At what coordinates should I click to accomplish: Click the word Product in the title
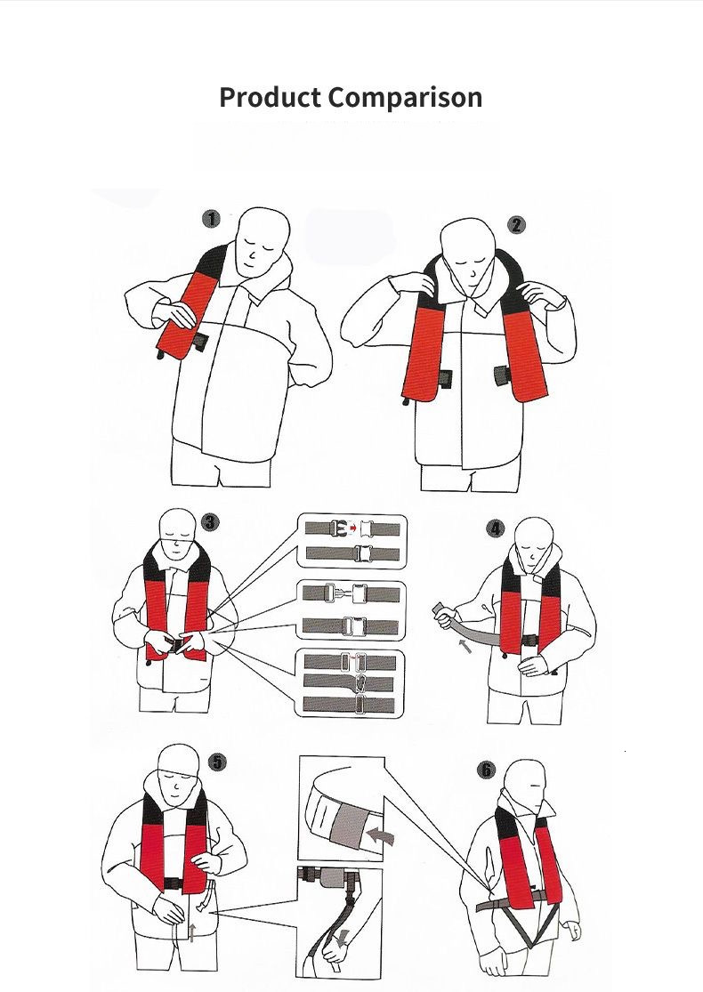click(x=271, y=98)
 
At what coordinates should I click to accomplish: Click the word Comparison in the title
click(x=405, y=98)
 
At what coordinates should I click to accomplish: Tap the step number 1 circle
click(x=211, y=219)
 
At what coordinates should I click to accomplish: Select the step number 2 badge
click(x=516, y=224)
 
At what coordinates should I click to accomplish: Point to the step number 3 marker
click(x=210, y=522)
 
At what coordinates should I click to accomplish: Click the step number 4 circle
click(x=496, y=528)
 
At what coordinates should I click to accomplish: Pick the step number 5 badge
click(x=218, y=762)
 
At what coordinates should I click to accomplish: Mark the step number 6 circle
click(x=486, y=770)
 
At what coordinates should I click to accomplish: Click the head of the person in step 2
click(x=468, y=250)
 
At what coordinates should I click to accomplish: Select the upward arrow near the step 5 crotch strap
click(x=191, y=932)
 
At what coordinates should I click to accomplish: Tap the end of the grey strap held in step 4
click(x=439, y=609)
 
